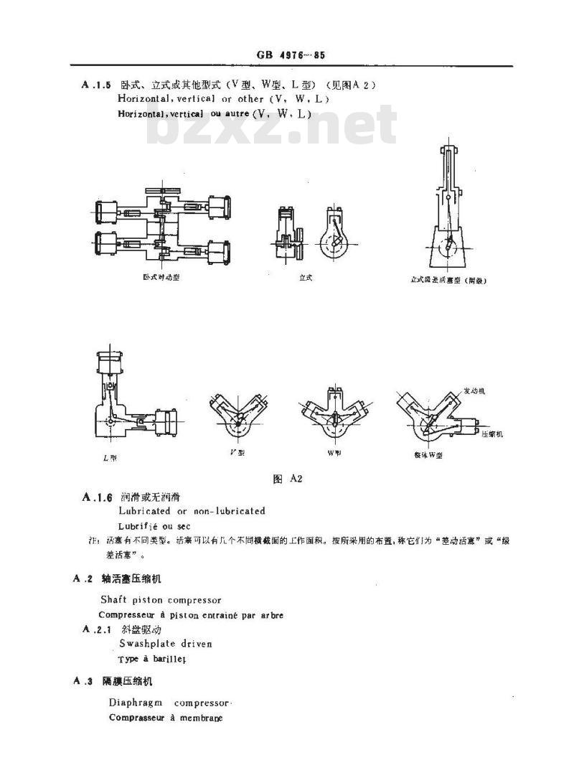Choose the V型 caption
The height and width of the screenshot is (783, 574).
237,453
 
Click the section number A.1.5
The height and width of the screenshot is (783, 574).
97,85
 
